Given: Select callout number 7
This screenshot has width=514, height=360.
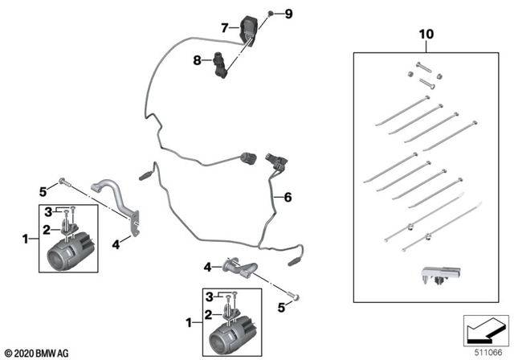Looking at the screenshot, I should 225,28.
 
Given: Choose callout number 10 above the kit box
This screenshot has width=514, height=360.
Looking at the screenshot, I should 425,36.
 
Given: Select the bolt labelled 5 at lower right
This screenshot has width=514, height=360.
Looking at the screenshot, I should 296,298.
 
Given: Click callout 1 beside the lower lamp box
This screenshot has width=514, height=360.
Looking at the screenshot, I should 190,322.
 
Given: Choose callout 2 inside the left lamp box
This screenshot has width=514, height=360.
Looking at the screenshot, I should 47,229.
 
